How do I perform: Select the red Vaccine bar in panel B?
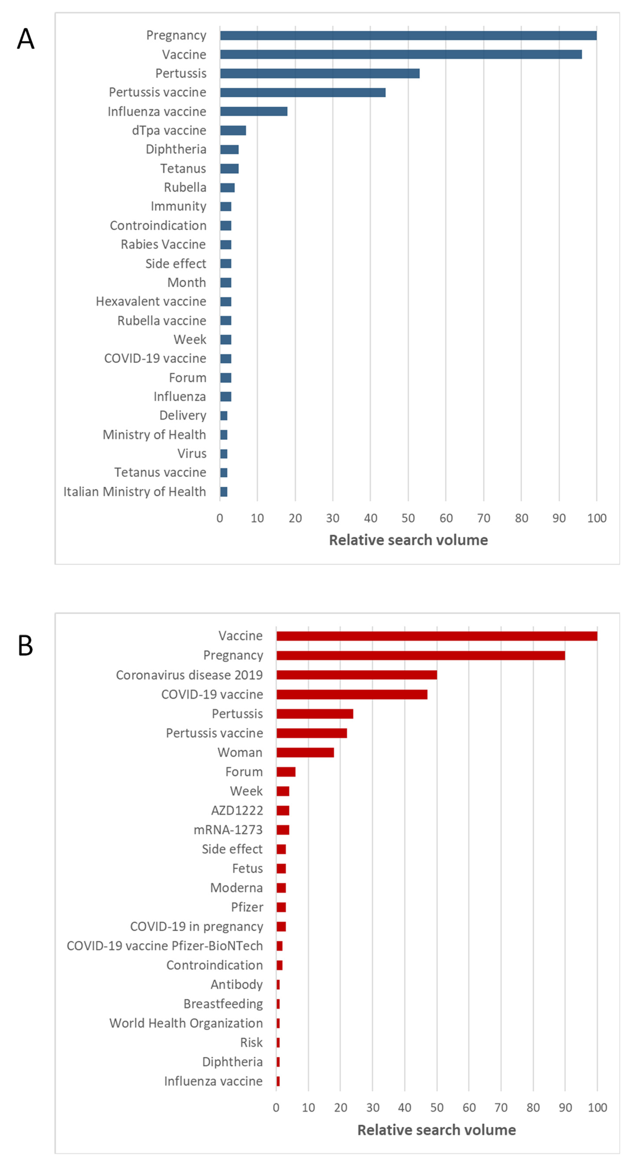pos(437,636)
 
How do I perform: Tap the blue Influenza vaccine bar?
pos(254,111)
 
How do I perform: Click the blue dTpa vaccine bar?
pos(233,130)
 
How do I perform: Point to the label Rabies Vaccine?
pos(163,244)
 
